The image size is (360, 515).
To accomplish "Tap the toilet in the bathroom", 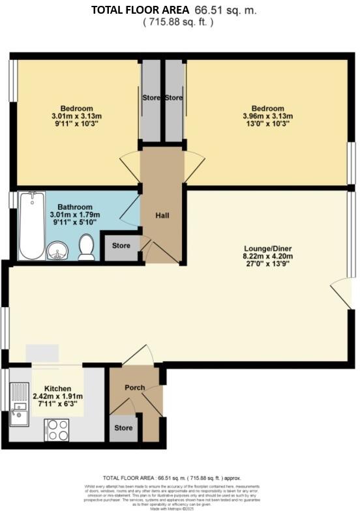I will (85, 246).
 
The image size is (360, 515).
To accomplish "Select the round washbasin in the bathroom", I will (57, 250).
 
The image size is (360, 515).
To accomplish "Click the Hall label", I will (163, 214).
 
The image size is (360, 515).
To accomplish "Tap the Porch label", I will (135, 387).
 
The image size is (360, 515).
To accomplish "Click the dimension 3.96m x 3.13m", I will (268, 117).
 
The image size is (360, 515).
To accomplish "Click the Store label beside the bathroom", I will (122, 246).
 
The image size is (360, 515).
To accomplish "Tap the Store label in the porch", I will (124, 428).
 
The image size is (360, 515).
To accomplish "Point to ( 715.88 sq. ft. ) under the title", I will (179, 22).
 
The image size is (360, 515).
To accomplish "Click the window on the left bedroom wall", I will (12, 81).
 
